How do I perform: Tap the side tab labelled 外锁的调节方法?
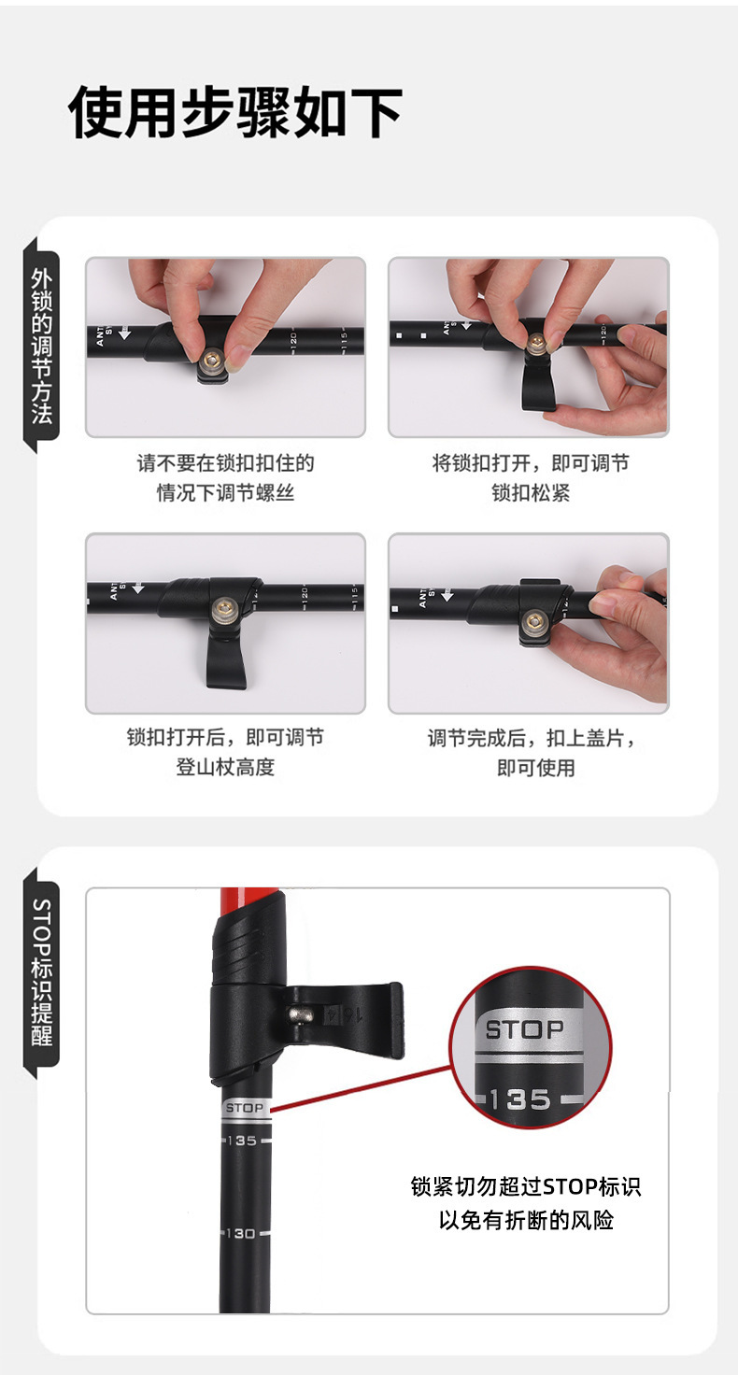pos(42,346)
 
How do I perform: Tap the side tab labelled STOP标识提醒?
pos(42,972)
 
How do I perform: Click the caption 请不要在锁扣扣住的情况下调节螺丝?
pos(225,477)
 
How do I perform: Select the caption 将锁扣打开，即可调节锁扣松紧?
pos(530,477)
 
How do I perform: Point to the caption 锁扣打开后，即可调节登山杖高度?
pos(225,752)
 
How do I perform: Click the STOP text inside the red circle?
pos(525,1030)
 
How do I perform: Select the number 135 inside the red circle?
pos(519,1099)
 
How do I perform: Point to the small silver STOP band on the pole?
pos(246,1108)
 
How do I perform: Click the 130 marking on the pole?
pos(241,1234)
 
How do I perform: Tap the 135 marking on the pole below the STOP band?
pos(241,1141)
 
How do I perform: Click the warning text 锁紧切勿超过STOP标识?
pos(526,1187)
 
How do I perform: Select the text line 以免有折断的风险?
pos(526,1220)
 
